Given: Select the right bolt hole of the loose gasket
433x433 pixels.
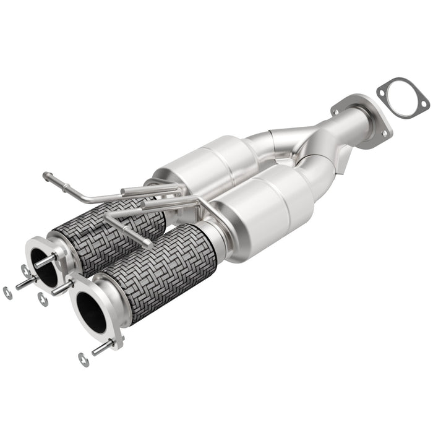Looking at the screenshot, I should click(x=423, y=103).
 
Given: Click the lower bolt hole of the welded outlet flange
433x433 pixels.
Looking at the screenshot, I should click(x=387, y=133).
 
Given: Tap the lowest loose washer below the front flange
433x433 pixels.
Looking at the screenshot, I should click(x=83, y=359).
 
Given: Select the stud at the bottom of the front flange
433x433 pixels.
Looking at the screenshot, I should click(x=103, y=348).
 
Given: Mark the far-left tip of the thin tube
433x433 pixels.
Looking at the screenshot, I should click(x=46, y=176).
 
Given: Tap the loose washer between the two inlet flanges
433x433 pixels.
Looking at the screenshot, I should click(x=42, y=300).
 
